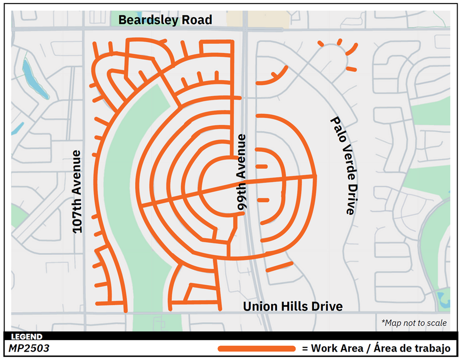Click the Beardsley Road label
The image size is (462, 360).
point(165,20)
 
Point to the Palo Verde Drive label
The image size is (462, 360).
point(343,166)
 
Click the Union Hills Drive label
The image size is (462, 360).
point(293,306)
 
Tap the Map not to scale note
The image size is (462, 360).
point(414,323)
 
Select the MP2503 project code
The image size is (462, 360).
point(28,349)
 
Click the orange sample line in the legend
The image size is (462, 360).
point(256,349)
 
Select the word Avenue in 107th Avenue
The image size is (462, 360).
point(77,172)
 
